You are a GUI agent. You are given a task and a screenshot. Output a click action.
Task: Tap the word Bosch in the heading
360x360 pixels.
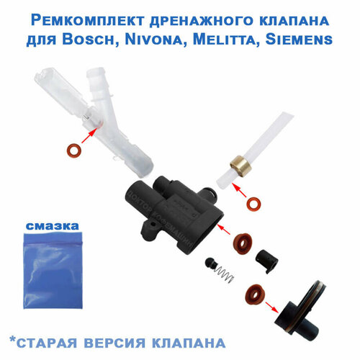pyautogui.click(x=117, y=38)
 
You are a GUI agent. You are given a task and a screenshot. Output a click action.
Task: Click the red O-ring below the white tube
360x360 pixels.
pyautogui.click(x=253, y=206)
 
